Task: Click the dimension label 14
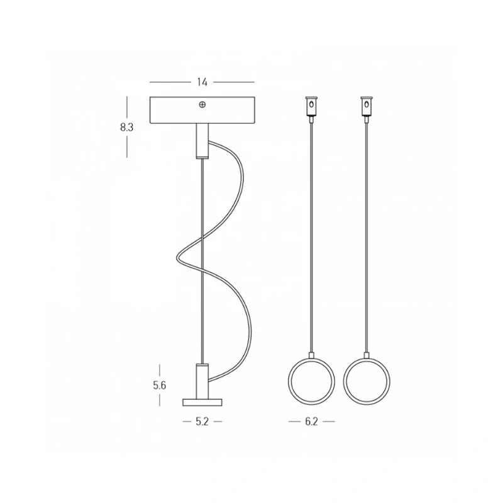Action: [202, 82]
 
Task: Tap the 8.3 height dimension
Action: [127, 128]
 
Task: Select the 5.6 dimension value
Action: [160, 385]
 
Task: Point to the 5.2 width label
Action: [202, 421]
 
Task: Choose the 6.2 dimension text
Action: [311, 421]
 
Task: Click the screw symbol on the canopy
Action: [202, 104]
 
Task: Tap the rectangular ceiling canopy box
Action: [202, 109]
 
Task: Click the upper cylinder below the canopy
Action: [202, 140]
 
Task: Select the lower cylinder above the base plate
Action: [202, 381]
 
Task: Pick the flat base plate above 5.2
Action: [202, 402]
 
